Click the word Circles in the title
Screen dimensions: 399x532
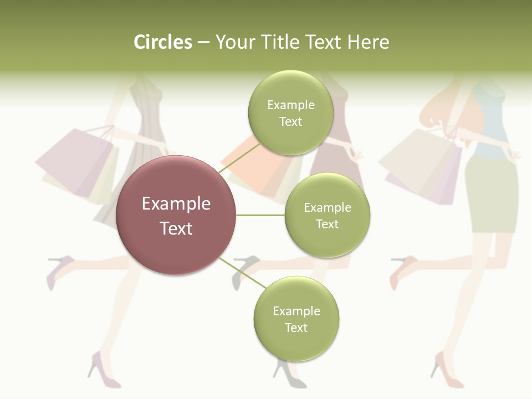point(162,42)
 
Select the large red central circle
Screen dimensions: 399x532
point(176,215)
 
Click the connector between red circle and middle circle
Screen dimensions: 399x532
point(260,215)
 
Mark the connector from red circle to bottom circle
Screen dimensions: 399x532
point(242,273)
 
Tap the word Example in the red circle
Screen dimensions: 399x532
point(176,203)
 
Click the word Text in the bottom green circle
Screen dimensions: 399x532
point(296,328)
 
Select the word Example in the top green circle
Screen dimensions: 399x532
point(291,105)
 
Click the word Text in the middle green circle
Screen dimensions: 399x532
point(328,224)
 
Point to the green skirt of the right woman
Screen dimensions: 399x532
point(490,194)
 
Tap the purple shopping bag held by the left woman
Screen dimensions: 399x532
point(75,161)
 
